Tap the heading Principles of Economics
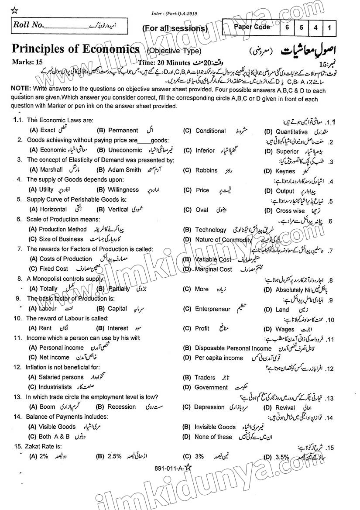click(x=75, y=48)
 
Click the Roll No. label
click(x=28, y=25)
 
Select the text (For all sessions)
click(x=175, y=29)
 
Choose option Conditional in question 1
click(x=210, y=131)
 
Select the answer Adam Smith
click(x=124, y=170)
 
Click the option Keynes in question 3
click(x=285, y=171)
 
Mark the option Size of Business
click(x=61, y=239)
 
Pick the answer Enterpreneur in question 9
click(x=212, y=309)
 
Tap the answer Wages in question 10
click(x=285, y=329)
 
